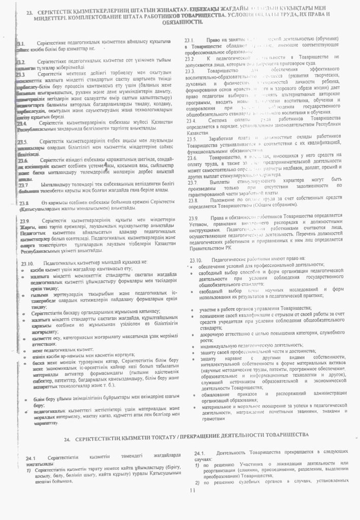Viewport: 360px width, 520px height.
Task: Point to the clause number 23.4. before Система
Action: [191, 120]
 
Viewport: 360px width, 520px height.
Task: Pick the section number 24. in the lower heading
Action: [71, 437]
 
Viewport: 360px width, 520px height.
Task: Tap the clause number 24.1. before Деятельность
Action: [199, 453]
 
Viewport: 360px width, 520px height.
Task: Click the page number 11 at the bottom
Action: [192, 491]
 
